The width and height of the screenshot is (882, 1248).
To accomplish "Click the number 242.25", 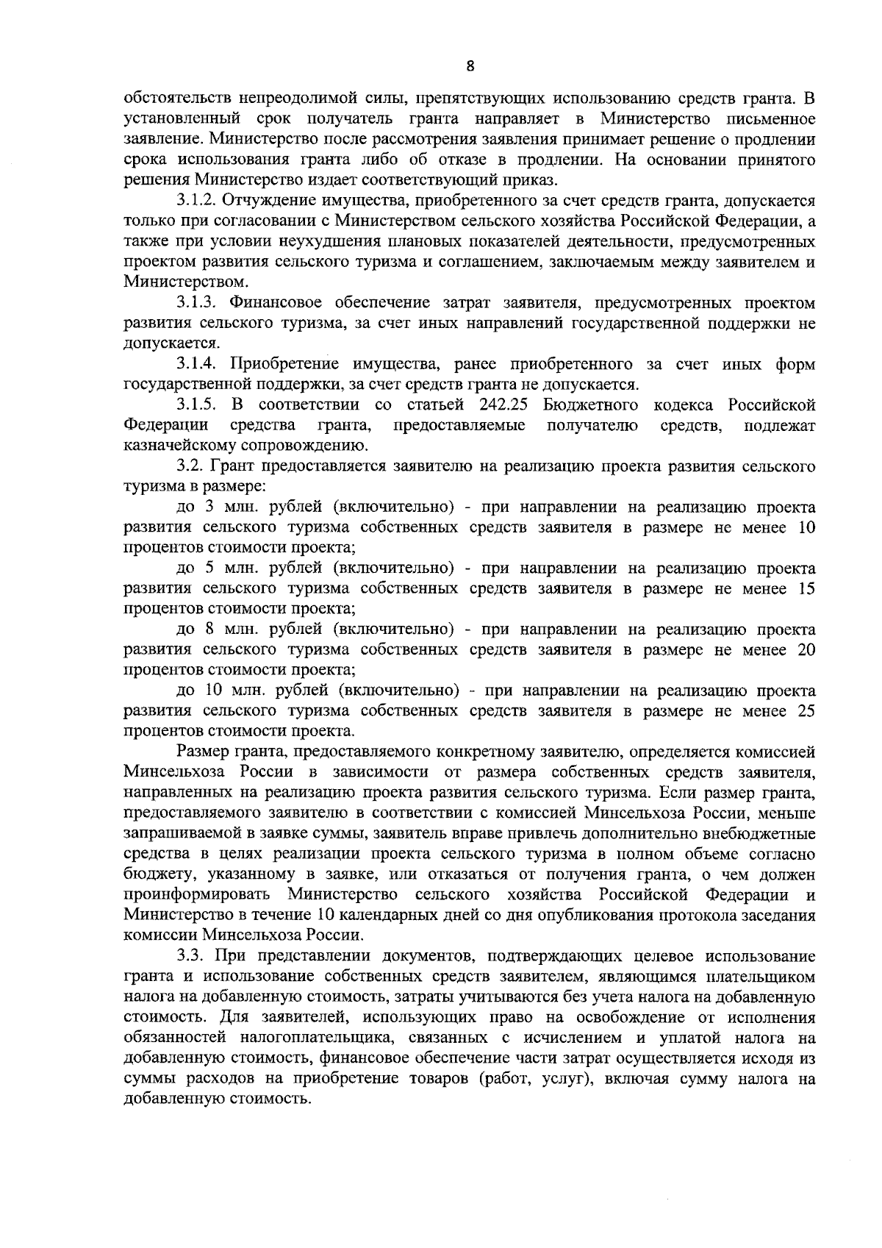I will pyautogui.click(x=505, y=404).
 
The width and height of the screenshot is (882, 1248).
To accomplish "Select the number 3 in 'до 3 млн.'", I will pyautogui.click(x=209, y=507).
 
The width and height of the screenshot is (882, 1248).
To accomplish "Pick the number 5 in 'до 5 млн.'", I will pyautogui.click(x=209, y=568).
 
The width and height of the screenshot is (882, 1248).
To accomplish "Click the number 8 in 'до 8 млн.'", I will pyautogui.click(x=209, y=630).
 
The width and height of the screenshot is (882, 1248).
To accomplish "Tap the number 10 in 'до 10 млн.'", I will pyautogui.click(x=213, y=691).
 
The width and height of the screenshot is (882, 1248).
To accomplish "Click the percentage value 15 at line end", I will pyautogui.click(x=806, y=589).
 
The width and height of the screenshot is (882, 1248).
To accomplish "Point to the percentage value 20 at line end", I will pyautogui.click(x=806, y=650).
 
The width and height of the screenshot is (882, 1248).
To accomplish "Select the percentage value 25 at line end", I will pyautogui.click(x=806, y=712).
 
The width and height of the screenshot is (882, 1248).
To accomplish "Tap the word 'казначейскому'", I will pyautogui.click(x=173, y=446).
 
